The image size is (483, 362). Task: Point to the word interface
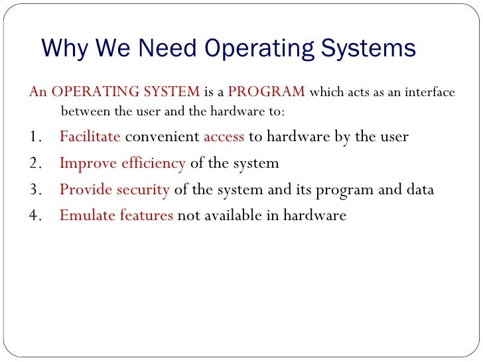pyautogui.click(x=429, y=92)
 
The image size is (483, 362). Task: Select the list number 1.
pyautogui.click(x=35, y=137)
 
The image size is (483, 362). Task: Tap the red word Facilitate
pyautogui.click(x=90, y=137)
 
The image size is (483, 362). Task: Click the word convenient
pyautogui.click(x=162, y=137)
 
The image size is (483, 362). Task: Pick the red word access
pyautogui.click(x=224, y=137)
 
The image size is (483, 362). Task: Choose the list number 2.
pyautogui.click(x=36, y=163)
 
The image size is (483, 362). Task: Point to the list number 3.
pyautogui.click(x=36, y=190)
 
